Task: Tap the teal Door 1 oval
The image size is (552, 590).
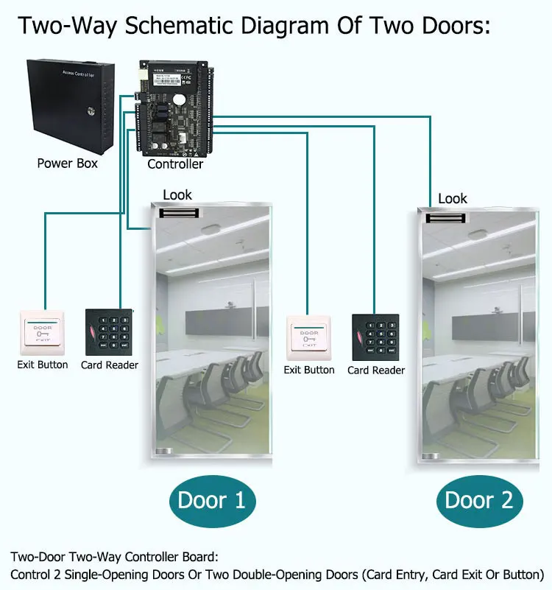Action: [211, 501]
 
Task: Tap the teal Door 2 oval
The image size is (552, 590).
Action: [479, 501]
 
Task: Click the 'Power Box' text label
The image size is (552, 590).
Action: [67, 163]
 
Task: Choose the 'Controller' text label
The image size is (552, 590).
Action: [175, 164]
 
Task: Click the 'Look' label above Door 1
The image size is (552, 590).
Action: [177, 195]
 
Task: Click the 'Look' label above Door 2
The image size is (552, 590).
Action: [453, 199]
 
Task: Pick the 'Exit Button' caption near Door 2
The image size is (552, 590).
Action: [309, 370]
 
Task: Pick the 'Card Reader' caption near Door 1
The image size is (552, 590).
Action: [110, 365]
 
